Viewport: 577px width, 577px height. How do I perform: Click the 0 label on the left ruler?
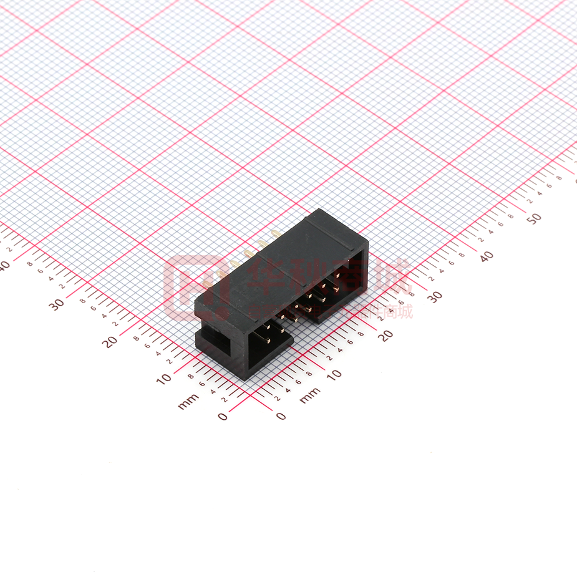click(x=223, y=417)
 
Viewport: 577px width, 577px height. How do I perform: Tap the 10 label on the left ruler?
click(x=164, y=379)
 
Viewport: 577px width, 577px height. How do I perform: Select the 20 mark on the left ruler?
click(x=111, y=341)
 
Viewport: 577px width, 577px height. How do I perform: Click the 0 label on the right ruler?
click(x=281, y=416)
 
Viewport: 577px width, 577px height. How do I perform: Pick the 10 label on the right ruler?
click(x=334, y=374)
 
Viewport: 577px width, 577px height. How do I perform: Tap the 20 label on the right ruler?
click(x=386, y=335)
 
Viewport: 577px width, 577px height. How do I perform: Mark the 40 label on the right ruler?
click(x=487, y=256)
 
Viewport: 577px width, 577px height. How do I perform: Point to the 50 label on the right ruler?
click(x=534, y=218)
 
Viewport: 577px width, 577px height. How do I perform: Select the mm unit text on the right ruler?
click(x=309, y=395)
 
